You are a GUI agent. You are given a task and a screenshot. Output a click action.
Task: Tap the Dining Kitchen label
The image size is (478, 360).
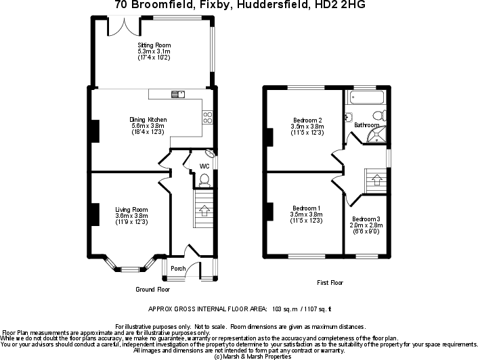pos(148,120)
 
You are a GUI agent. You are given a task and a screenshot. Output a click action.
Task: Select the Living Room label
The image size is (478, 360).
pos(131,210)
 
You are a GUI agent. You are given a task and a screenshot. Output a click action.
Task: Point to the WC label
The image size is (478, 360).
pos(204,166)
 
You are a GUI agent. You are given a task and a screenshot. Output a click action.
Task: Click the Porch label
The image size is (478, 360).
pos(178,269)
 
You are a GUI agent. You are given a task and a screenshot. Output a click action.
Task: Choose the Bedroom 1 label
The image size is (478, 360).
pos(306,208)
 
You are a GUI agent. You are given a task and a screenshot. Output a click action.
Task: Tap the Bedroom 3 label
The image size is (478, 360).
pos(366,219)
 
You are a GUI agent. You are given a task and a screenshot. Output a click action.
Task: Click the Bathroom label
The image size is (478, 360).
pos(366,125)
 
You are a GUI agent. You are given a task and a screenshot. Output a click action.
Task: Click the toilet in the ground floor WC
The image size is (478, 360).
pos(204,179)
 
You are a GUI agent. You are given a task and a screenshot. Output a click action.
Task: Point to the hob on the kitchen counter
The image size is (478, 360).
pos(207,117)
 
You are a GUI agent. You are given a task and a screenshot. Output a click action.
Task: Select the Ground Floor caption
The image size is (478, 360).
pos(152,289)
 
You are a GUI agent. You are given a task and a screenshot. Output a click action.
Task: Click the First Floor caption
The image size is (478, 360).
pos(330,282)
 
